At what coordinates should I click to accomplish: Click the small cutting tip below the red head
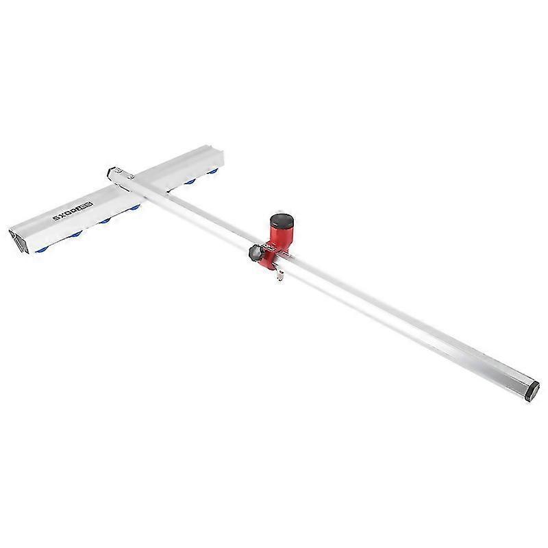point(279,276)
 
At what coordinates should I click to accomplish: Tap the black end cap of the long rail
point(530,390)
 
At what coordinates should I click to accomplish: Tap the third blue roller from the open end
point(104,221)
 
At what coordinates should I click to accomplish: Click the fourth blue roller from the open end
point(136,207)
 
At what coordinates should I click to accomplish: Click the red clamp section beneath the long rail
point(271,260)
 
